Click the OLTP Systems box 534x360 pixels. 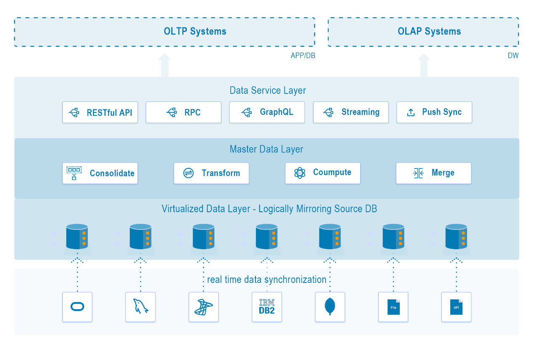point(165,32)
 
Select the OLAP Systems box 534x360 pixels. point(423,32)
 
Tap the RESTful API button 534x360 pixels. point(100,112)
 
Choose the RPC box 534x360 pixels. point(183,112)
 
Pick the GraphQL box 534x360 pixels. point(267,112)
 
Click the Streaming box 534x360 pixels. point(351,112)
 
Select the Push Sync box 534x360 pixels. point(434,112)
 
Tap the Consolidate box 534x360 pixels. point(100,173)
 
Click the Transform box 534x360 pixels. point(211,173)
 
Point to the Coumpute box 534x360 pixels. point(323,173)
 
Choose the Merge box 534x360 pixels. point(433,173)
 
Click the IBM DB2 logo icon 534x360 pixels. point(267,307)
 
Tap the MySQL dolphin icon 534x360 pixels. point(141,307)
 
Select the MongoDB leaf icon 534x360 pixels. point(330,307)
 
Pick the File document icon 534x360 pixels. point(393,307)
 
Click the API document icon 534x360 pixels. point(457,307)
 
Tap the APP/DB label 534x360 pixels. point(303,56)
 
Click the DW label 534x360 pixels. point(513,56)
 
